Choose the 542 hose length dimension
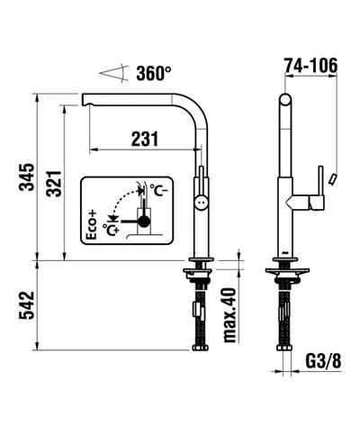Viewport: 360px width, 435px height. (27, 305)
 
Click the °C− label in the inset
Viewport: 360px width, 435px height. (158, 189)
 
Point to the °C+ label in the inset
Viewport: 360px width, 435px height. (112, 229)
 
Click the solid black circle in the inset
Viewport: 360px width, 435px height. (142, 218)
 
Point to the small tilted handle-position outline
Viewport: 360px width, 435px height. (332, 179)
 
